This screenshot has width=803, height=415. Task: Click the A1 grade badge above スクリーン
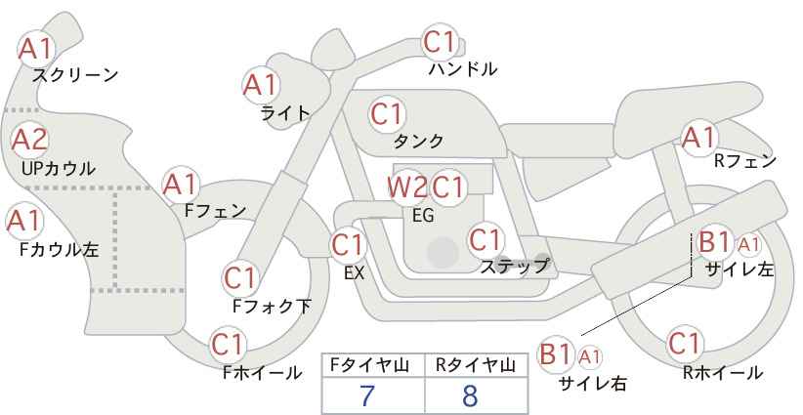35,49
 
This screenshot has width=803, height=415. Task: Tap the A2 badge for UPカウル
29,140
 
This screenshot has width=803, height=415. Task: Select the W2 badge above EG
407,187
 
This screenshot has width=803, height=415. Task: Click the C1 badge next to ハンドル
440,42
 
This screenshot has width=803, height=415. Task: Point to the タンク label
418,141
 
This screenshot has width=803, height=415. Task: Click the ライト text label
285,113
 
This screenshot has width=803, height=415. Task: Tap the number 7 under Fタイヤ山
366,395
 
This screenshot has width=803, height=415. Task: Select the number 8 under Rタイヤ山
469,395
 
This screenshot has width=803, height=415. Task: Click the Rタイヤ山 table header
476,365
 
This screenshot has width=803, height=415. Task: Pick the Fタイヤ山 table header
369,365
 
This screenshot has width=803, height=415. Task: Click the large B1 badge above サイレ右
555,354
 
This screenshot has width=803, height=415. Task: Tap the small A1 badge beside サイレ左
748,245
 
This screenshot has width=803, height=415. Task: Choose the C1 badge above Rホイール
685,344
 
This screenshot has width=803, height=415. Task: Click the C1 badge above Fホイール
228,345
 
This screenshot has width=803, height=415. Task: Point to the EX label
354,273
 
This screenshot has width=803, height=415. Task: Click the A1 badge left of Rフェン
698,138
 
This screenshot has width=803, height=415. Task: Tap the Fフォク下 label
272,306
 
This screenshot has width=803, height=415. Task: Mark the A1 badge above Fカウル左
23,222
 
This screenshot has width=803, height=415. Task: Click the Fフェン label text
216,210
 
